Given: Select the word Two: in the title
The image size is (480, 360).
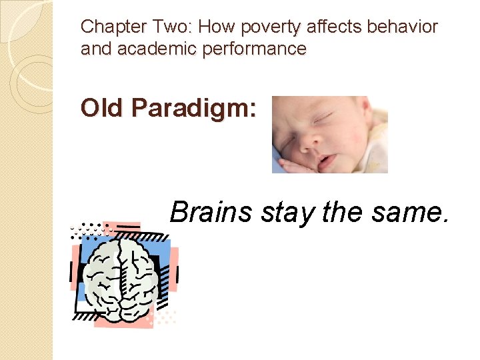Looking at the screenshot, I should (x=164, y=27).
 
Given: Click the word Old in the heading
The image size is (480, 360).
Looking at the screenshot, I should (x=100, y=108).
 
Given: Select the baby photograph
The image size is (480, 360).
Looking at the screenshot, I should (x=330, y=134).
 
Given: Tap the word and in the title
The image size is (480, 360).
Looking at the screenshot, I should (x=95, y=49).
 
